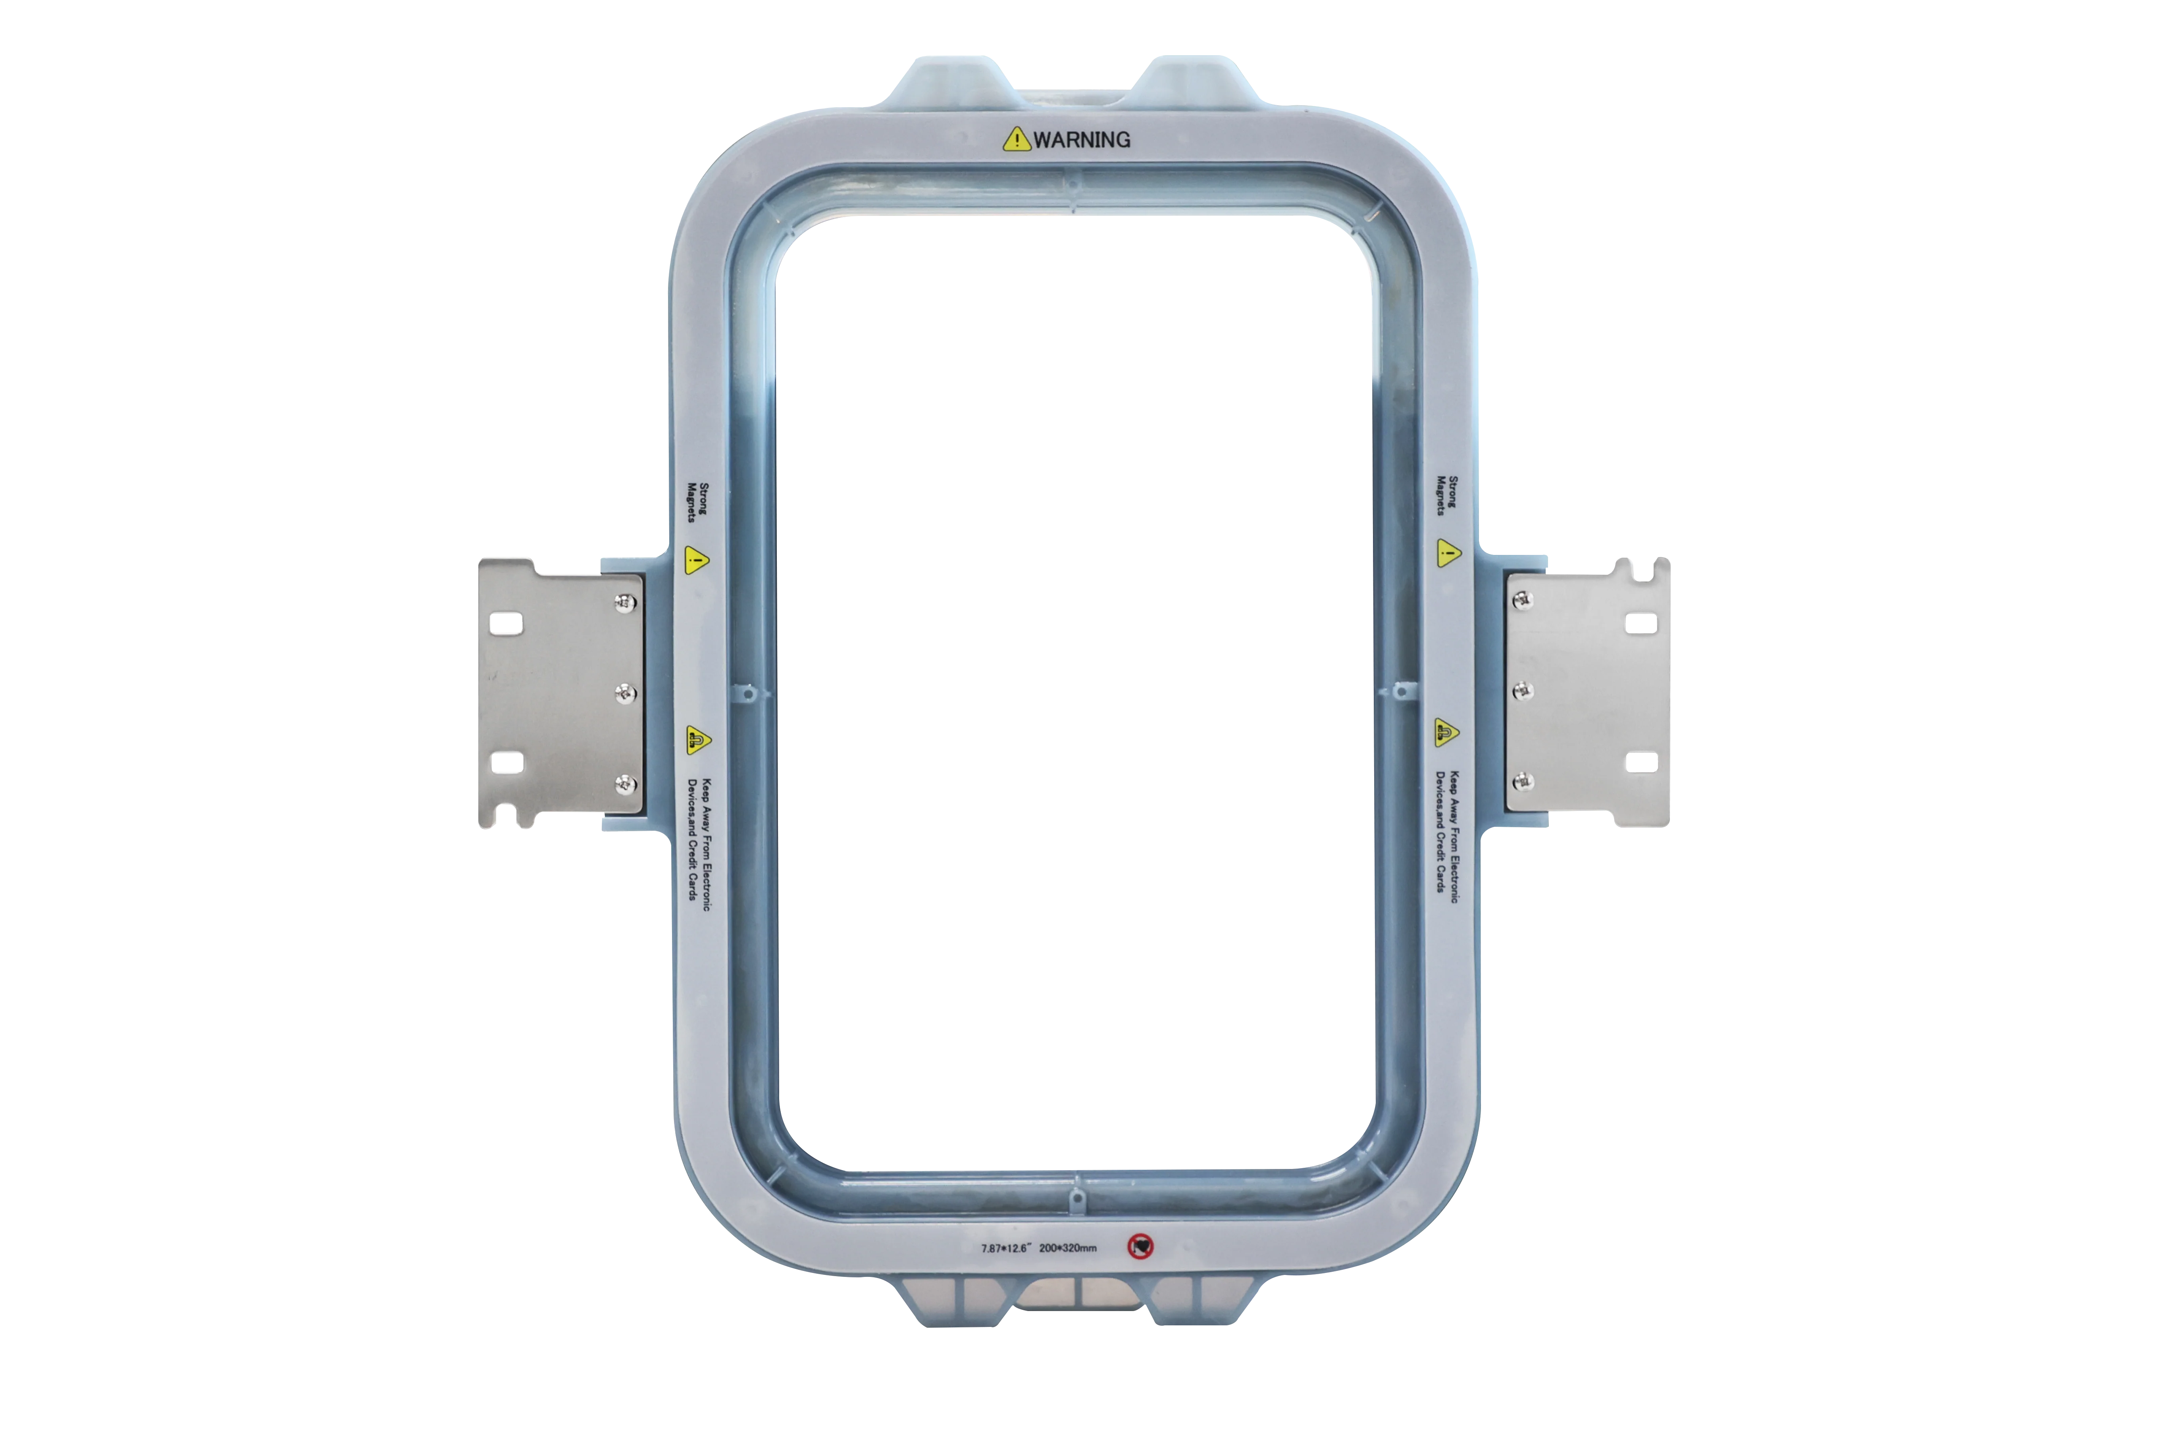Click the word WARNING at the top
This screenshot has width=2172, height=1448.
1081,139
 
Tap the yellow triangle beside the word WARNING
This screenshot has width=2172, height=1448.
1017,139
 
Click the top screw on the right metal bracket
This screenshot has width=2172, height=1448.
1522,600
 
